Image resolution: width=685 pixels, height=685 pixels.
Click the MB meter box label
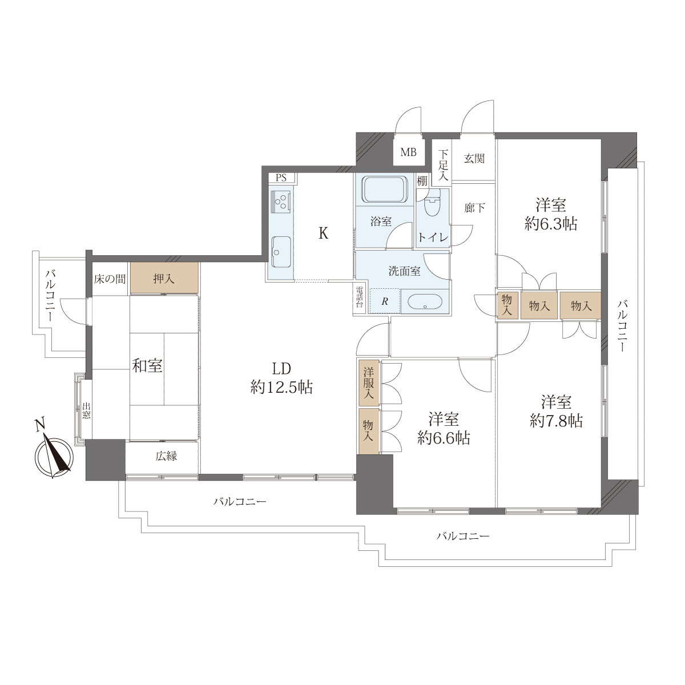(409, 152)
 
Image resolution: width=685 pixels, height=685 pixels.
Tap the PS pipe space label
(281, 178)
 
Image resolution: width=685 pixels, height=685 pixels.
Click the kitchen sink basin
(281, 251)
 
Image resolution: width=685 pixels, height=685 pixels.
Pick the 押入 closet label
(164, 279)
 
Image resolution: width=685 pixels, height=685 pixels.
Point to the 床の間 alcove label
(110, 279)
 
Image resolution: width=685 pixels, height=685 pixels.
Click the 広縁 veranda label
(166, 456)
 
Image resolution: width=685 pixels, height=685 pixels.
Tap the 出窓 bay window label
(86, 411)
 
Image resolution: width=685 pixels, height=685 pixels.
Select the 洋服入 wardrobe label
(369, 383)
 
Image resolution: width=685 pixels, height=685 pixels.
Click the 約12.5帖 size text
(281, 387)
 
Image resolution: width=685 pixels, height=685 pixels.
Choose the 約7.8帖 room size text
(557, 421)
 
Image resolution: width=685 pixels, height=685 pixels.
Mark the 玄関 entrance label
(474, 158)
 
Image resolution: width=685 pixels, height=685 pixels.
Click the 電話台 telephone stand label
(360, 297)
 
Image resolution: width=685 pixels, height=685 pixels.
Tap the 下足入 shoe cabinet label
(443, 166)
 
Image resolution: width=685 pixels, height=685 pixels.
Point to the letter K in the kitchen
(323, 233)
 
